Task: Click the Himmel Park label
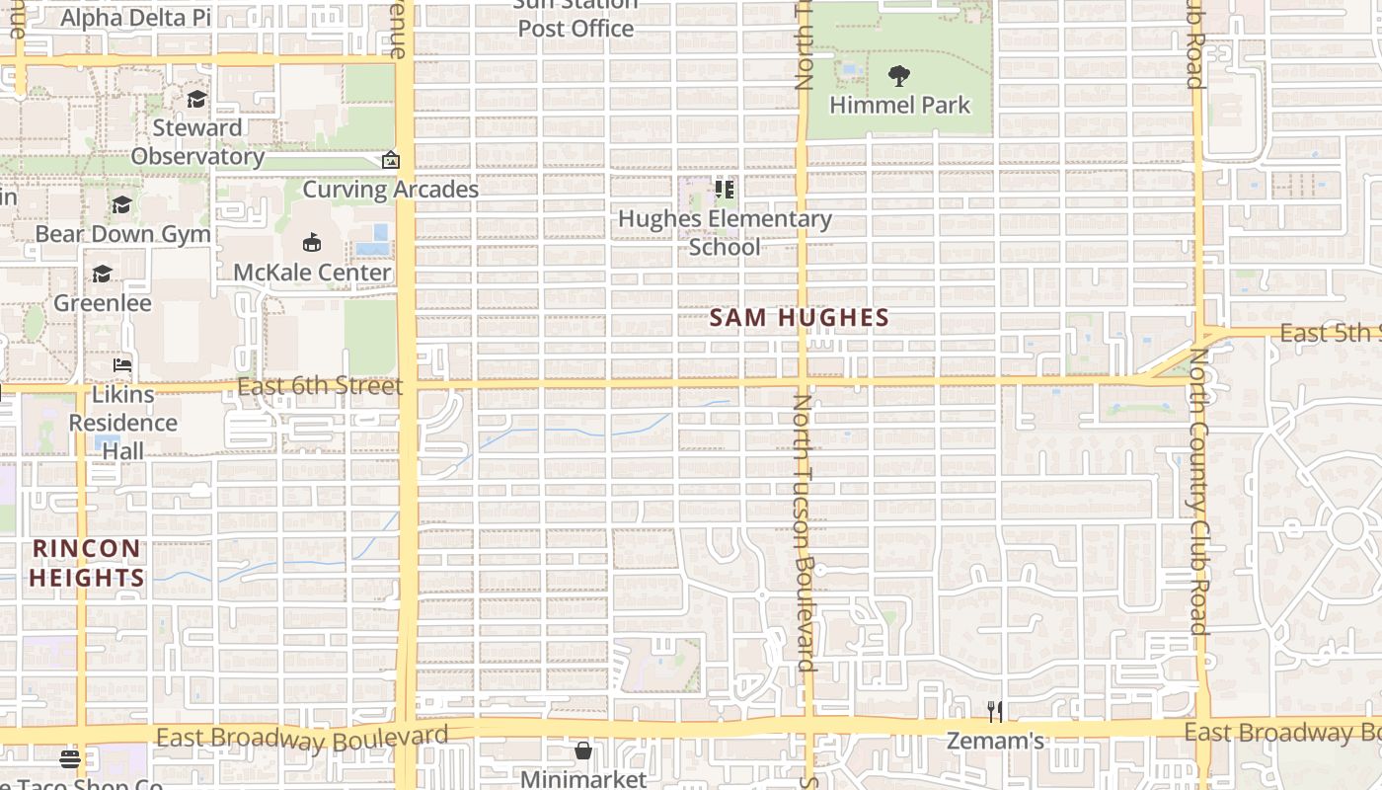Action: click(x=899, y=105)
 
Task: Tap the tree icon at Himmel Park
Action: click(x=898, y=76)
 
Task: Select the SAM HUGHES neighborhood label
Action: click(x=800, y=318)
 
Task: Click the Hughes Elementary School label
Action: click(x=725, y=232)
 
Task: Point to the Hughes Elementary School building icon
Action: click(x=725, y=189)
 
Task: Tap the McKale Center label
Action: click(x=312, y=273)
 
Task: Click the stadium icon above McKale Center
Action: click(x=312, y=242)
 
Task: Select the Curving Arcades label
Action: click(x=390, y=190)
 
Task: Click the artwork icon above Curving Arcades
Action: click(x=391, y=160)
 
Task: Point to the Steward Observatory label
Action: click(x=197, y=142)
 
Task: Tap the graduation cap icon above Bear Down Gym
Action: click(x=122, y=204)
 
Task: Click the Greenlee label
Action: click(x=103, y=302)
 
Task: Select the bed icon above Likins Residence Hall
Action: click(x=122, y=365)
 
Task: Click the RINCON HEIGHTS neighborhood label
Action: click(x=87, y=563)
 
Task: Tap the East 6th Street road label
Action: click(x=320, y=385)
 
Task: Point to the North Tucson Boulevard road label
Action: click(x=805, y=533)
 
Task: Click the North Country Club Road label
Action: click(x=1198, y=491)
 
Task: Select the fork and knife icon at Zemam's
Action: click(x=995, y=711)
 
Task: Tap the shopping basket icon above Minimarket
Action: click(x=583, y=750)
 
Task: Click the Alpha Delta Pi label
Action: click(x=136, y=18)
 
